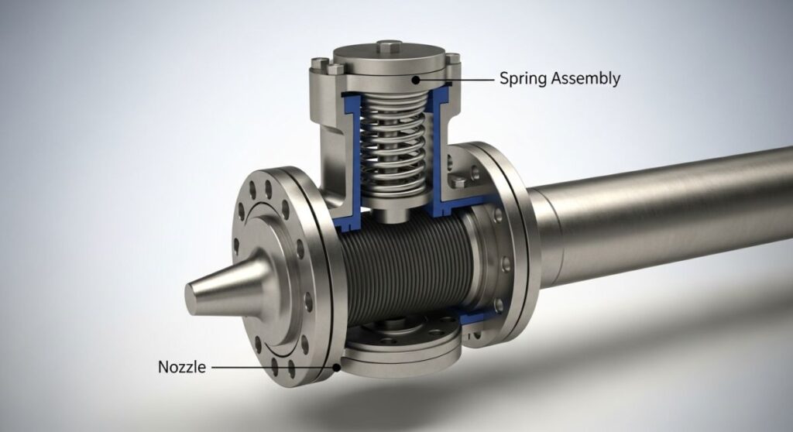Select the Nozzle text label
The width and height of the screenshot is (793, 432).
click(x=182, y=367)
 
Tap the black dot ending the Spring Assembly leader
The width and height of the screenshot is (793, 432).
click(x=416, y=78)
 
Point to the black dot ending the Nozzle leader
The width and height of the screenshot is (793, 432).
click(x=335, y=367)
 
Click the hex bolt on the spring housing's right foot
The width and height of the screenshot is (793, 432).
click(x=459, y=183)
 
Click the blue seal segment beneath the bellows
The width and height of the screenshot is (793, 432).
click(x=472, y=317)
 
